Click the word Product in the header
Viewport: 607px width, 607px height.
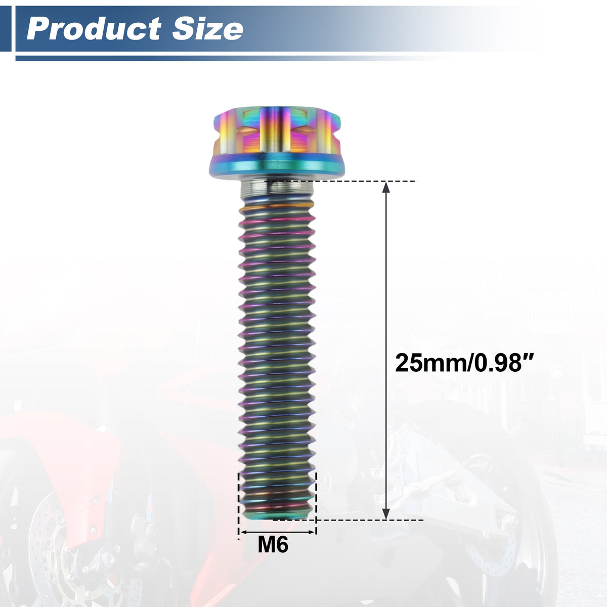(x=94, y=29)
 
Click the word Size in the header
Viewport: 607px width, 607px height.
(x=207, y=29)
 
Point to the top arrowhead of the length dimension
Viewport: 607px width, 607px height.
(x=386, y=187)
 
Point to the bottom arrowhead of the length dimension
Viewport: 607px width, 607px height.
(x=386, y=514)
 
